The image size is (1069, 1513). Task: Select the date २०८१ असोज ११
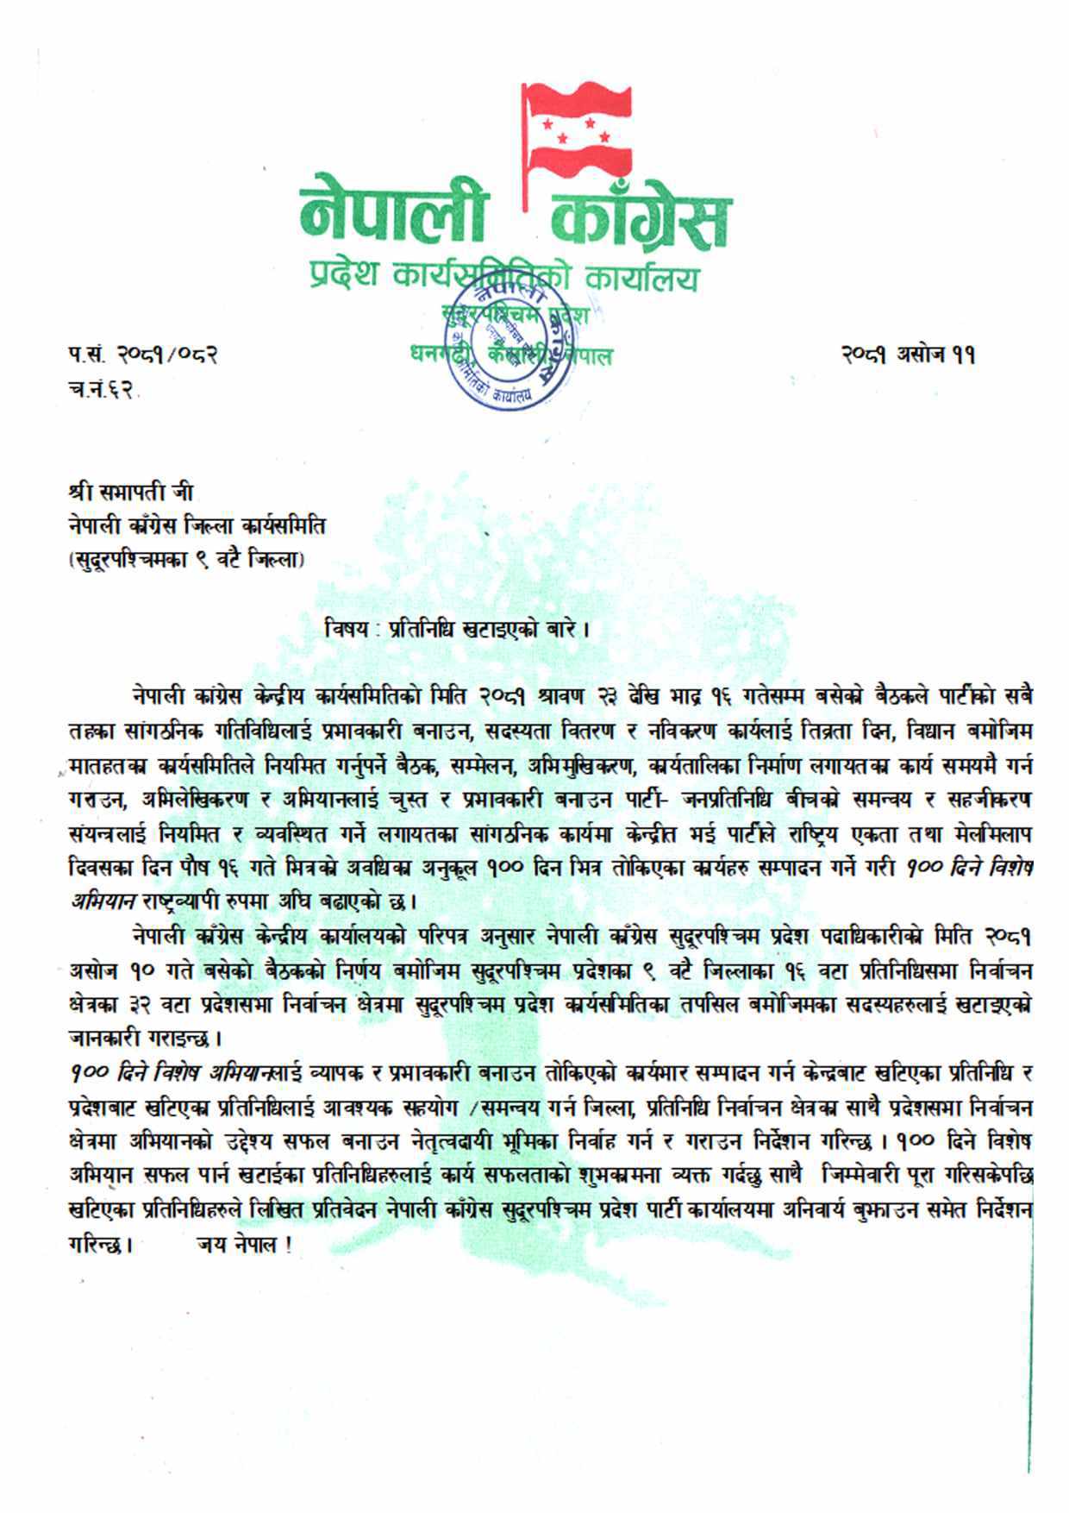909,355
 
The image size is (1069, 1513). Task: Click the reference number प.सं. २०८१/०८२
143,355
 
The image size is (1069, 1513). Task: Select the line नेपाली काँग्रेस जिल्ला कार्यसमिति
197,526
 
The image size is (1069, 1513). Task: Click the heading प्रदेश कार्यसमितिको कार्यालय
503,278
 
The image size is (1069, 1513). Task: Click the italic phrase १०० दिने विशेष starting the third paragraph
138,1074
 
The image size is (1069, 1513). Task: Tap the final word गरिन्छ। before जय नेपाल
99,1246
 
